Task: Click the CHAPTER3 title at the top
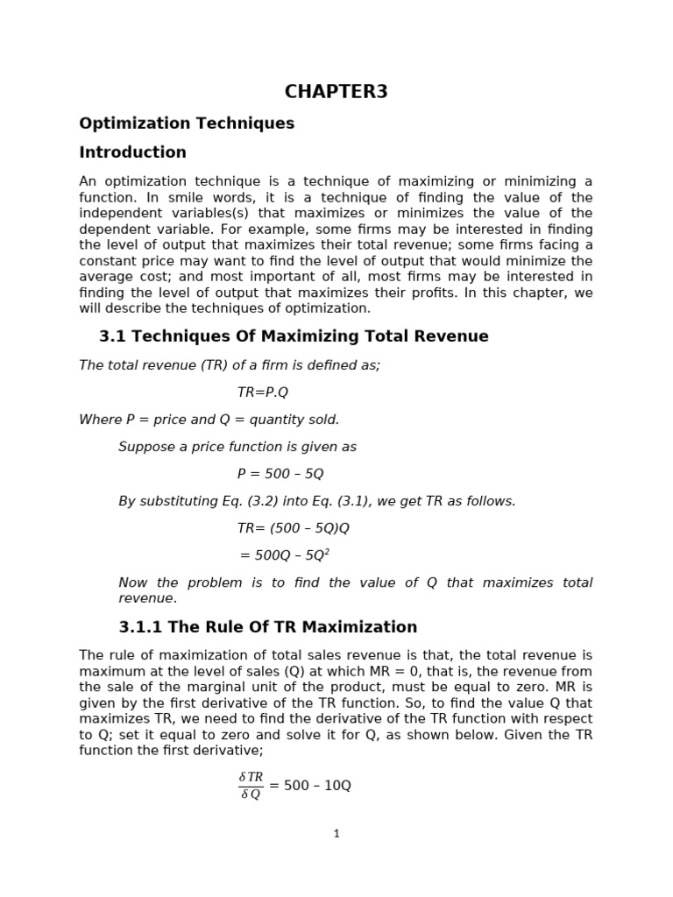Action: (336, 92)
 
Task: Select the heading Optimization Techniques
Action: (187, 124)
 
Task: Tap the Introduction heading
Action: (132, 152)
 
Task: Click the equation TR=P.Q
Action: (262, 392)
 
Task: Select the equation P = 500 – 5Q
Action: (280, 474)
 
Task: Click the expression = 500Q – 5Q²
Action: (285, 555)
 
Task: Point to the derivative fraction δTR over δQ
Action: (251, 786)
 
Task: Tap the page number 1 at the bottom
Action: (336, 834)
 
